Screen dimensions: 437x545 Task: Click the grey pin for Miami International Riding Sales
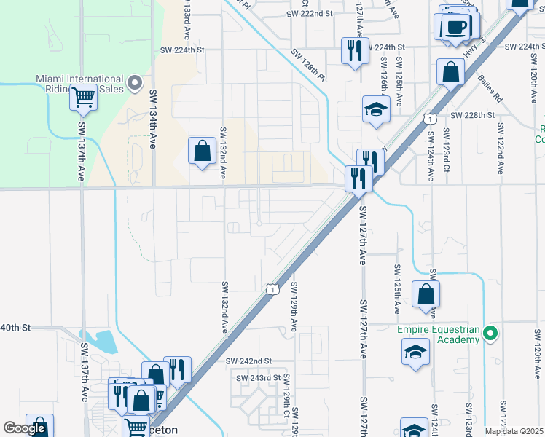pos(135,83)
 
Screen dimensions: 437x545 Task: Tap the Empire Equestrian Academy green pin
pos(490,334)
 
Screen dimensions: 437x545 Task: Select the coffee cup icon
pos(457,28)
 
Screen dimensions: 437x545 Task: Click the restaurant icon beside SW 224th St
pos(355,51)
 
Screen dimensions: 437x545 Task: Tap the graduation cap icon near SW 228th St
pos(376,110)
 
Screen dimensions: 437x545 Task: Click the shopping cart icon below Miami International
pos(84,96)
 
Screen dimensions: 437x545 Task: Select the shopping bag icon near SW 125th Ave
pos(426,295)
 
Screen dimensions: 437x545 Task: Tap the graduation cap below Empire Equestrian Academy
pos(415,352)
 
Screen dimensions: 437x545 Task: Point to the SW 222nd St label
pos(309,14)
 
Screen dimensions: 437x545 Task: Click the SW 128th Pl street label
pos(307,63)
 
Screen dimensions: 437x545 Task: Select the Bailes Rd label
pos(490,87)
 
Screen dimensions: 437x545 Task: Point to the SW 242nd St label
pos(248,361)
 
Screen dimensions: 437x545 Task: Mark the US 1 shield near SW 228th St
pos(431,118)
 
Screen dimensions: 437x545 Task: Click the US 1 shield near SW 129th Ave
pos(272,289)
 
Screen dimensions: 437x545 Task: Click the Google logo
pos(25,428)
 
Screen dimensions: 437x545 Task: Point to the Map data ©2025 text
pos(514,431)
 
